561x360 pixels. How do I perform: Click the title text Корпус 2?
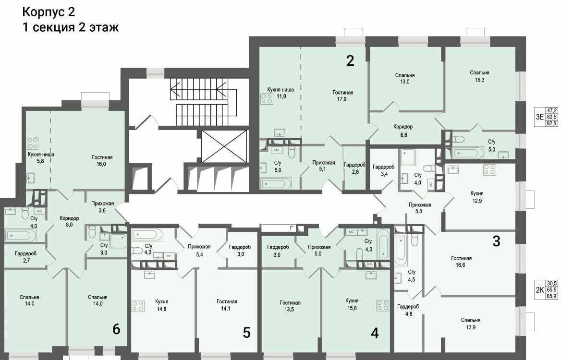[49, 12]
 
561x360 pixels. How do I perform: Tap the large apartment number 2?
[350, 61]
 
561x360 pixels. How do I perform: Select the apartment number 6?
[116, 329]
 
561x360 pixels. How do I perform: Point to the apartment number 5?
[246, 333]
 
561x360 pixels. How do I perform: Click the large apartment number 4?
[375, 333]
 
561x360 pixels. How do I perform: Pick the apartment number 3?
[496, 241]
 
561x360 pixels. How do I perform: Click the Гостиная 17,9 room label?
[342, 96]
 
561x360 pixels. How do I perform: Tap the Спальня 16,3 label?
[479, 76]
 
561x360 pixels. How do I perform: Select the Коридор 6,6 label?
[403, 131]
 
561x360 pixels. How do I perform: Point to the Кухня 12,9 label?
[477, 197]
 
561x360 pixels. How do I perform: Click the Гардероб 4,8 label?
[408, 310]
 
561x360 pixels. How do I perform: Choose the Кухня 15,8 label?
[352, 304]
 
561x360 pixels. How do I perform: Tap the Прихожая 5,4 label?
[199, 250]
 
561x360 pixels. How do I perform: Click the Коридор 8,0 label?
[69, 221]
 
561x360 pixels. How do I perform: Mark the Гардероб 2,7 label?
[26, 257]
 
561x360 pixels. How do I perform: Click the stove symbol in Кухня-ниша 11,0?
[267, 99]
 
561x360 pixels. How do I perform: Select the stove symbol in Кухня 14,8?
[138, 306]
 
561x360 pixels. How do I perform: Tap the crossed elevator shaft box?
[224, 146]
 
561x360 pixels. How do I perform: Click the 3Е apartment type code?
[539, 117]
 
